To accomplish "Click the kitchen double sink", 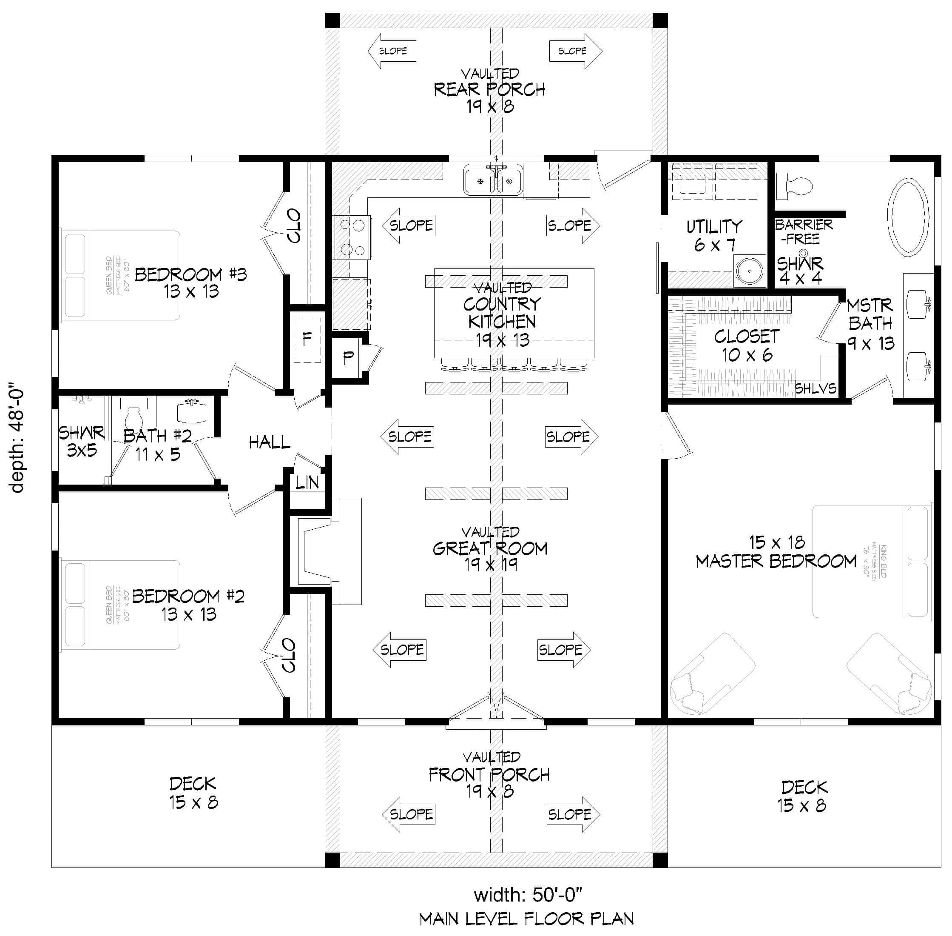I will pyautogui.click(x=494, y=180).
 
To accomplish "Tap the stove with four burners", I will pyautogui.click(x=352, y=237).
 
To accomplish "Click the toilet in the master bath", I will pyautogui.click(x=795, y=185).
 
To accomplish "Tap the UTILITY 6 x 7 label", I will pyautogui.click(x=714, y=235).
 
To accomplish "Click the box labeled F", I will pyautogui.click(x=307, y=339).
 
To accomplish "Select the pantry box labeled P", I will pyautogui.click(x=348, y=358).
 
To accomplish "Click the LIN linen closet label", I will pyautogui.click(x=307, y=483).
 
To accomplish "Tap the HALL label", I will pyautogui.click(x=269, y=442).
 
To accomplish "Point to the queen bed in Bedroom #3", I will pyautogui.click(x=120, y=275).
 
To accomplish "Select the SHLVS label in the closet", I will pyautogui.click(x=816, y=389).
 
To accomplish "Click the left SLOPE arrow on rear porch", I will pyautogui.click(x=392, y=51).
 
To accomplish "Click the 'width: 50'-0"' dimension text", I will pyautogui.click(x=528, y=895).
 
